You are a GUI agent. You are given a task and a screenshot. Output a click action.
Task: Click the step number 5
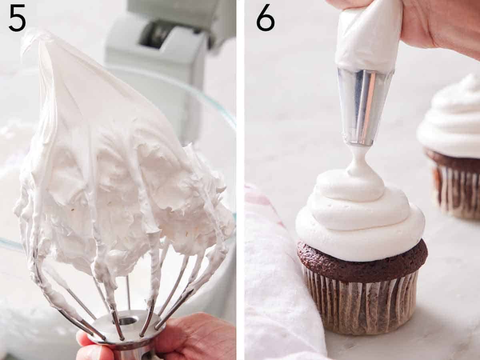[x=17, y=18]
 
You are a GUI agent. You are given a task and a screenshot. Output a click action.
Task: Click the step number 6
[x=265, y=18]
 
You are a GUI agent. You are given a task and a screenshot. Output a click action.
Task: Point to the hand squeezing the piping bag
[x=440, y=24]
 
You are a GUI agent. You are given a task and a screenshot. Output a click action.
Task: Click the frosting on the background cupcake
[x=452, y=120]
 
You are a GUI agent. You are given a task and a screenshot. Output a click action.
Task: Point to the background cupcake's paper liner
[x=458, y=192]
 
